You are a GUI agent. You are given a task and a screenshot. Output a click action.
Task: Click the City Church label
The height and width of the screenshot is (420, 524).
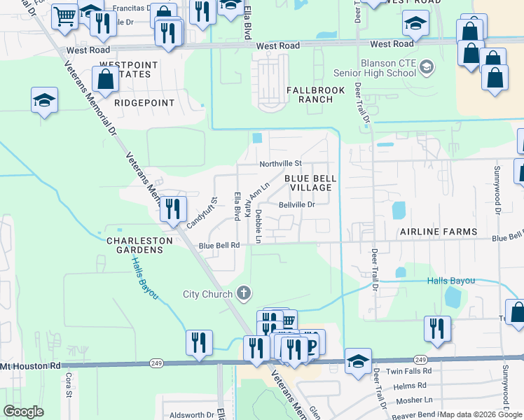(x=207, y=294)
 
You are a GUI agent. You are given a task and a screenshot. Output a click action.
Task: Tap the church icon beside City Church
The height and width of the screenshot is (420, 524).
(x=244, y=293)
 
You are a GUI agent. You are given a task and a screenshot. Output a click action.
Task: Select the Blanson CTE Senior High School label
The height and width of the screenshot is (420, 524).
(x=388, y=68)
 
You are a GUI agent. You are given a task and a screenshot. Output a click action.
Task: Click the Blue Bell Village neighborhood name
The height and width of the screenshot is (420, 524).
(x=308, y=183)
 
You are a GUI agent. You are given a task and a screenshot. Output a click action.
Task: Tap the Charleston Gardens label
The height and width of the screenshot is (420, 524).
(x=139, y=246)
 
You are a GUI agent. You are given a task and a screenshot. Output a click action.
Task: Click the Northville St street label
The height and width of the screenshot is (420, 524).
(x=280, y=164)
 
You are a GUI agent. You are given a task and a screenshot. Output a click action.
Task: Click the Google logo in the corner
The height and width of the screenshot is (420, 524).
(x=24, y=412)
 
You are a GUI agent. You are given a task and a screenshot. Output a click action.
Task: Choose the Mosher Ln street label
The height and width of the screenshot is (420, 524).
(x=414, y=400)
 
